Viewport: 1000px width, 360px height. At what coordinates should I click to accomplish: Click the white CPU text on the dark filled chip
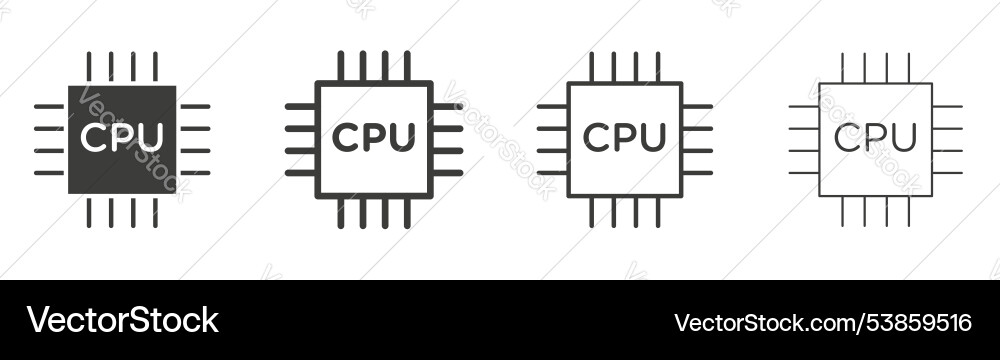(122, 137)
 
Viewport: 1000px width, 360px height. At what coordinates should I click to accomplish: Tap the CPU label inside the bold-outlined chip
(373, 137)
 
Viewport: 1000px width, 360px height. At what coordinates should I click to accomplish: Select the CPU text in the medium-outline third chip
(624, 137)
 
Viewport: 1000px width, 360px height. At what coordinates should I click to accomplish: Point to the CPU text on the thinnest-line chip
(875, 137)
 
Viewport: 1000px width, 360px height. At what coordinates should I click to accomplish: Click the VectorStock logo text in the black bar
(122, 321)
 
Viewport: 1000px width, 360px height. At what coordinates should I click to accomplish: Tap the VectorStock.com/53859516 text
(822, 322)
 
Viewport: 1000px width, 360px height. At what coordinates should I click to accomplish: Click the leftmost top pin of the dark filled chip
(88, 66)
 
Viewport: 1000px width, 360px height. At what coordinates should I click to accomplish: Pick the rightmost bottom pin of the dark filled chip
(155, 212)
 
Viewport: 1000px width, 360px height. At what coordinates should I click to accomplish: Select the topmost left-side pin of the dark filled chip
(49, 106)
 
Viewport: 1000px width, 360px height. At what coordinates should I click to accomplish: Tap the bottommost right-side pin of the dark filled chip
(195, 173)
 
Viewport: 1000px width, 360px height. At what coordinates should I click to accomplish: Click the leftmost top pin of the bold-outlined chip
(340, 66)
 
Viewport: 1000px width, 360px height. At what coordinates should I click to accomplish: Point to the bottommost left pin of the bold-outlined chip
(300, 173)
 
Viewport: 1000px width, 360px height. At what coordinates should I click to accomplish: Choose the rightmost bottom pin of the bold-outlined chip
(407, 213)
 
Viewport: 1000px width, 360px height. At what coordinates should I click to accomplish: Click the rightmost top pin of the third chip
(658, 66)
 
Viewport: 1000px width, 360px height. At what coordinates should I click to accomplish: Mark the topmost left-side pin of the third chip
(552, 106)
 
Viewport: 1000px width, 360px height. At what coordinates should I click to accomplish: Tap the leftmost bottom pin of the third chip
(591, 212)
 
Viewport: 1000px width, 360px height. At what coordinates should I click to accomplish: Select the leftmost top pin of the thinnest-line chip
(842, 67)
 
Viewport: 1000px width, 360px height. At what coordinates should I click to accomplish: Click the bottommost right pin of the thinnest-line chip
(947, 173)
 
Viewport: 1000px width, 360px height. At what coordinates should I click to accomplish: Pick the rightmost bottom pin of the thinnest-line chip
(909, 211)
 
